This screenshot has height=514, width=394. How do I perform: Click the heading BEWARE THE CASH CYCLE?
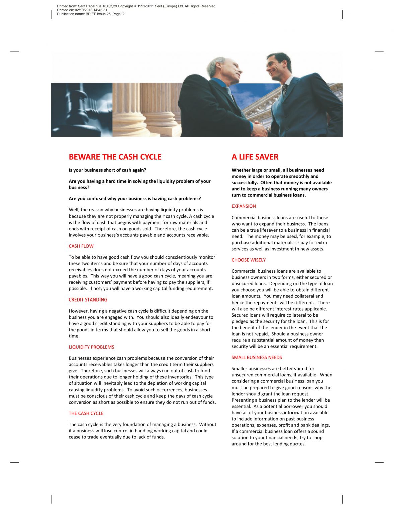tap(115, 157)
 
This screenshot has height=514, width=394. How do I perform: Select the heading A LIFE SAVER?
tap(255, 157)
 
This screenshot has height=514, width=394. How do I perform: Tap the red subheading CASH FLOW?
tap(81, 246)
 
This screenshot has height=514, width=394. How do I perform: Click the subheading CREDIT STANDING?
tap(88, 300)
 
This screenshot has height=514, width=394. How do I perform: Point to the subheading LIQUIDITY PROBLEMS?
tap(91, 347)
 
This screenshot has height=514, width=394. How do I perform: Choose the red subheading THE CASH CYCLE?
tap(86, 413)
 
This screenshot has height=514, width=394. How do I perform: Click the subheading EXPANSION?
tap(244, 206)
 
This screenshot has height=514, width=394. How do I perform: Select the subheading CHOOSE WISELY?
tap(248, 260)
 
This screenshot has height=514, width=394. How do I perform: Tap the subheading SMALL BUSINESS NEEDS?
tap(257, 357)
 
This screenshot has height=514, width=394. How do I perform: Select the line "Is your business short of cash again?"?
tap(108, 170)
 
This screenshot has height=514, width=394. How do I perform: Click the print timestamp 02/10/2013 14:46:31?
tap(91, 10)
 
